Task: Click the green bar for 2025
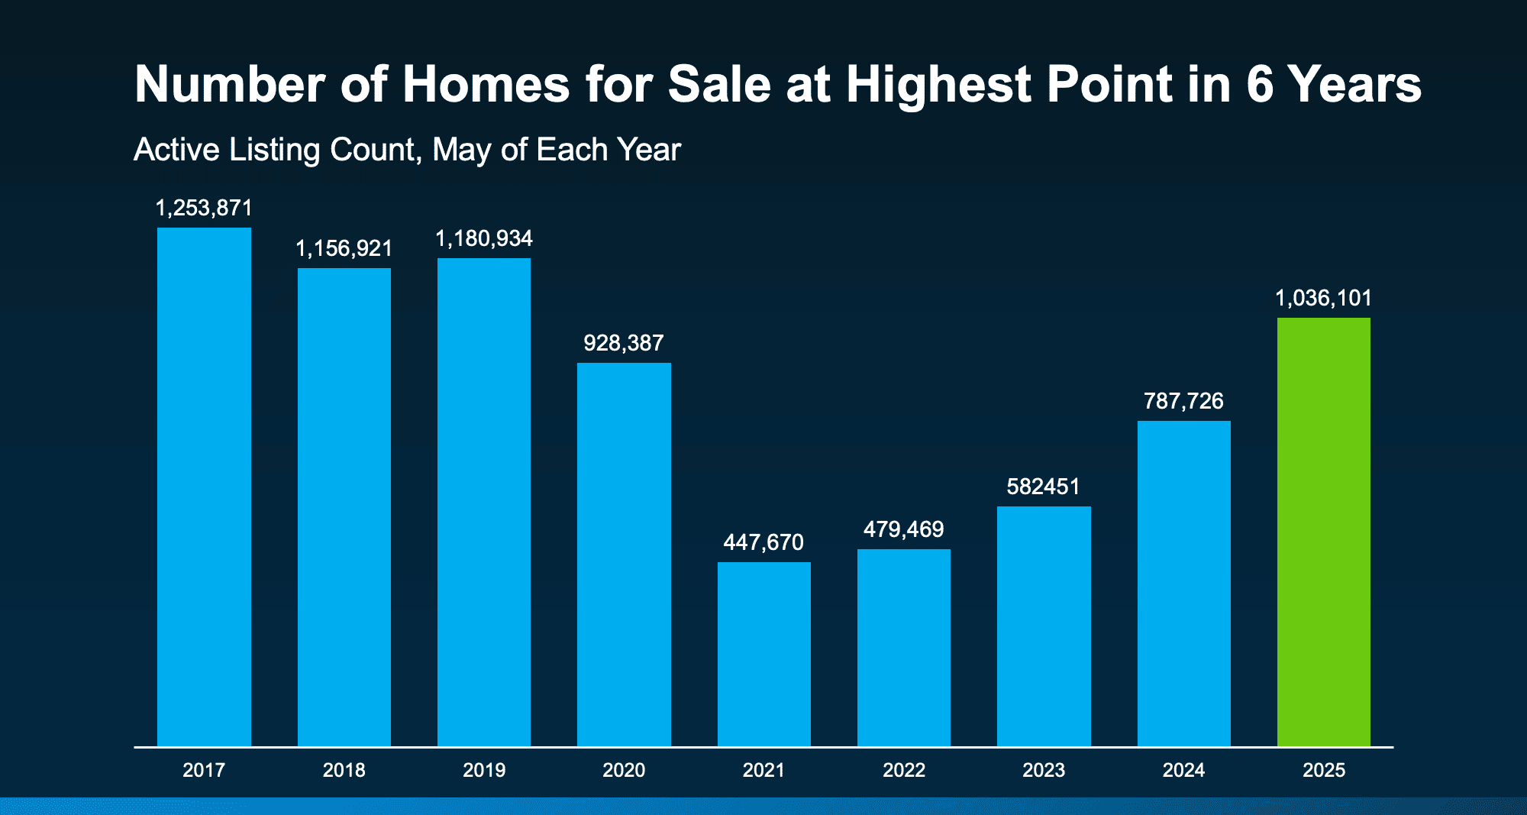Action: click(x=1323, y=532)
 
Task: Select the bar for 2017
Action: click(x=204, y=487)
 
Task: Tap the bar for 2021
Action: click(x=763, y=654)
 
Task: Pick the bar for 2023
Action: click(x=1044, y=626)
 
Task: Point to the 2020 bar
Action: click(x=624, y=555)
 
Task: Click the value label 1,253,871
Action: click(x=204, y=208)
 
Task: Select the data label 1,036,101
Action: click(x=1323, y=298)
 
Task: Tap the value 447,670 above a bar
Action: click(x=763, y=542)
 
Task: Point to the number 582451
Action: click(x=1044, y=487)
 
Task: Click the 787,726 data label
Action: click(x=1183, y=401)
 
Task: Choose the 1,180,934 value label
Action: click(x=484, y=238)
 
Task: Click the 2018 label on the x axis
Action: click(x=344, y=770)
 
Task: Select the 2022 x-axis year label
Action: click(x=904, y=770)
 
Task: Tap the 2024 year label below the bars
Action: click(x=1183, y=770)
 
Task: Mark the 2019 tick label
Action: click(x=484, y=770)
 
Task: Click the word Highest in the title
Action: click(x=939, y=84)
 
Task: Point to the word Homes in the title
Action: click(x=486, y=84)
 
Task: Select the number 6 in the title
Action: click(x=1260, y=84)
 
